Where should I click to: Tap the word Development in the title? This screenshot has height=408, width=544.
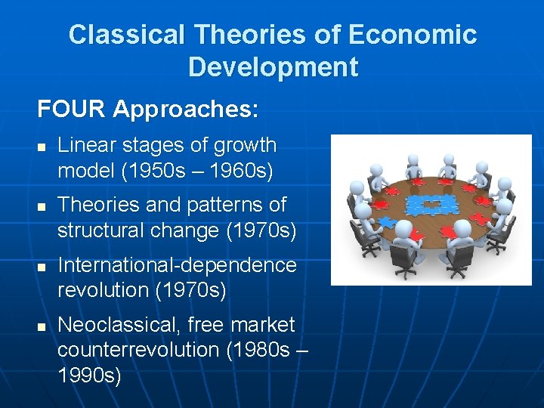273,67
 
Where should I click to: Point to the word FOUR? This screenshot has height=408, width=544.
72,110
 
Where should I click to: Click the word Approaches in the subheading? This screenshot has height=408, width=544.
185,110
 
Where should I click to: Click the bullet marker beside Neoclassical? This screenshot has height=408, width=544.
42,326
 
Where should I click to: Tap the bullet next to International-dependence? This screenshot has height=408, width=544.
42,267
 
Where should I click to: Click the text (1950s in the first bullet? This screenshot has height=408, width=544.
148,170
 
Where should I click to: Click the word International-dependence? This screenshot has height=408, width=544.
177,265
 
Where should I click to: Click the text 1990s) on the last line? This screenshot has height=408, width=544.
89,375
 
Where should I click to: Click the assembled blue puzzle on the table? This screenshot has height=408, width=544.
428,207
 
